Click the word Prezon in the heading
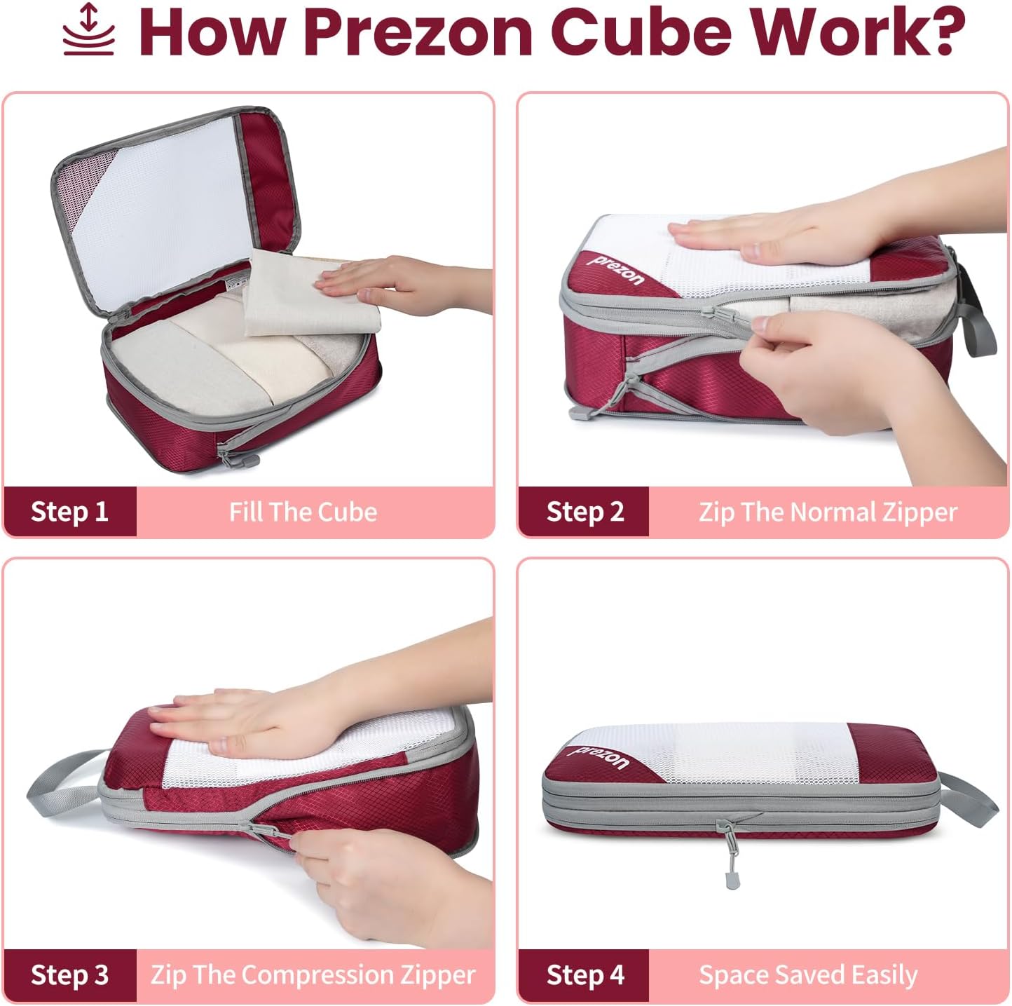[418, 32]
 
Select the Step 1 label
[69, 512]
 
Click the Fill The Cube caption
[303, 512]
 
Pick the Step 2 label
[584, 512]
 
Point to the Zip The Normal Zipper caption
[828, 512]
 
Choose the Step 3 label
[69, 975]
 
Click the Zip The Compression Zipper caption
[313, 975]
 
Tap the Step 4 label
[584, 975]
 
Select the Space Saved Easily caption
[808, 975]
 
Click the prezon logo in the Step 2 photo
[616, 271]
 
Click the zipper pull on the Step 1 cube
[235, 456]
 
